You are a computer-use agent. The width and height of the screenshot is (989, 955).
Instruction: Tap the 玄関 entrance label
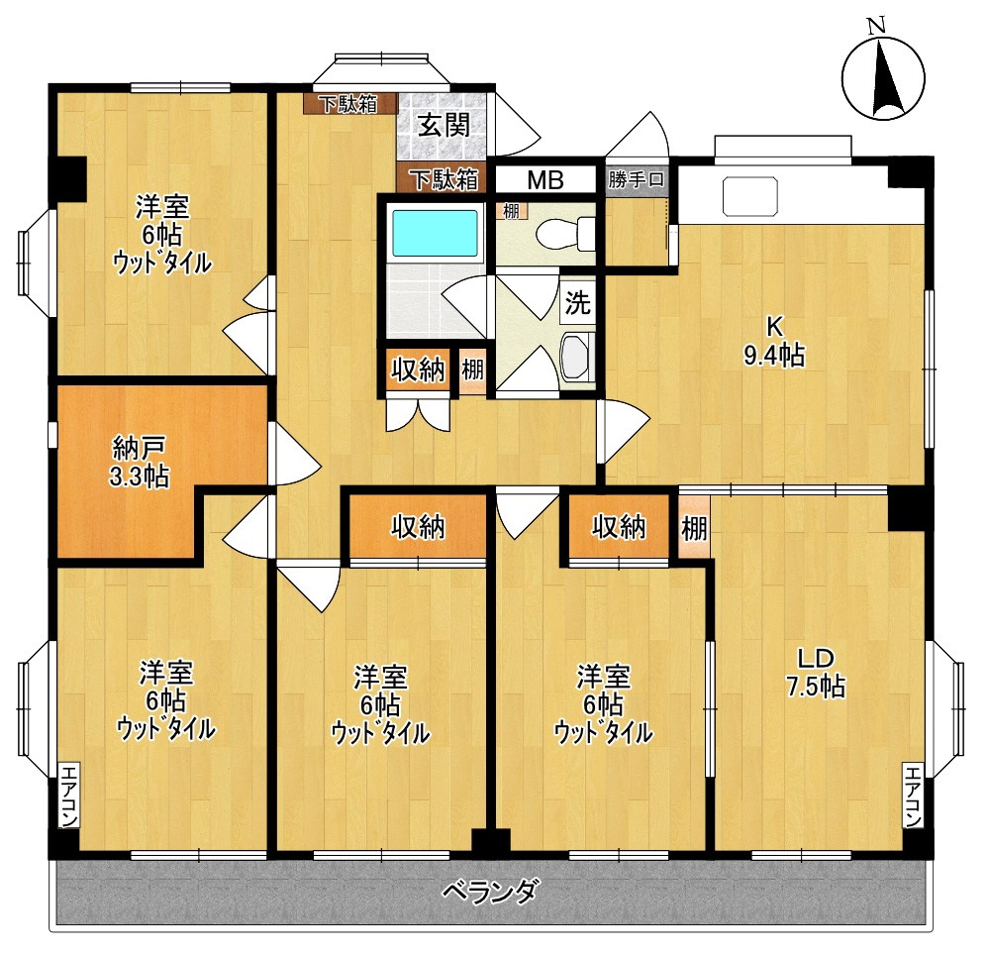(442, 126)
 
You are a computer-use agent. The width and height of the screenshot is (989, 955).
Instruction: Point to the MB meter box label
(544, 180)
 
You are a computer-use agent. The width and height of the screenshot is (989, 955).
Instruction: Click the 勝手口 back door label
(638, 180)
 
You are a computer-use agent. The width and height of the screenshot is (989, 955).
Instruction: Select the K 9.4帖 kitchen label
(773, 342)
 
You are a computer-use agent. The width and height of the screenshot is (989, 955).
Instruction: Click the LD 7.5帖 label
(821, 673)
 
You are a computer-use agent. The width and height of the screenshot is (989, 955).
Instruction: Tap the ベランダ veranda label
(490, 891)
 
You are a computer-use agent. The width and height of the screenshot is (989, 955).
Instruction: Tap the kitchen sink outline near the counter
(750, 196)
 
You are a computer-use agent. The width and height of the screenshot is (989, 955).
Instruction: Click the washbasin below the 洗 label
(575, 359)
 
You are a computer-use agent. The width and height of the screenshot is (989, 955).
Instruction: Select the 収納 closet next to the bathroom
(417, 371)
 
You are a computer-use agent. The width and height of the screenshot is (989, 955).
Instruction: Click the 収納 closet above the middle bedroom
(416, 527)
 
